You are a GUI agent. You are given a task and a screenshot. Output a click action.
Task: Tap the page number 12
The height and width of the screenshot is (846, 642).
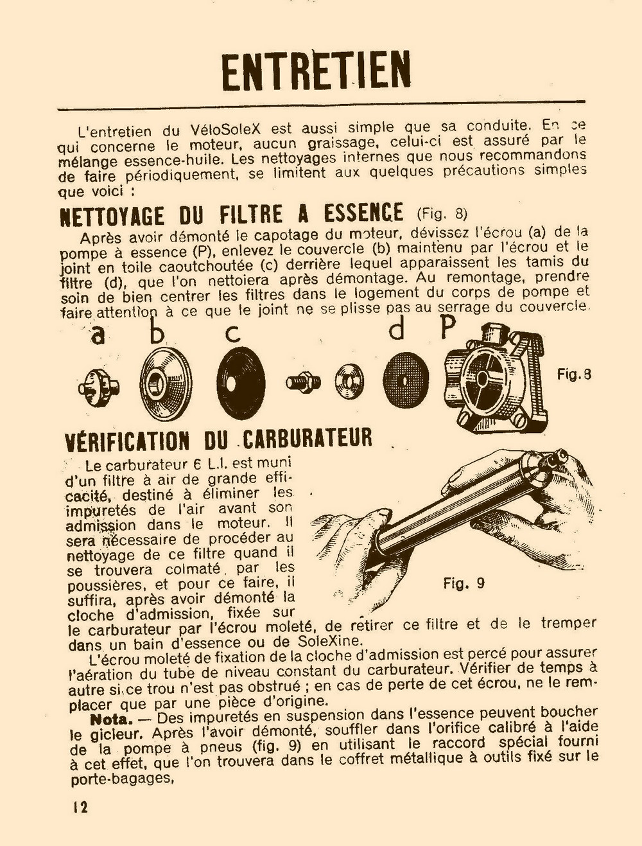coord(80,807)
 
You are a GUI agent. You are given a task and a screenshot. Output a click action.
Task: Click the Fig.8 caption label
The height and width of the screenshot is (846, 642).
coord(573,375)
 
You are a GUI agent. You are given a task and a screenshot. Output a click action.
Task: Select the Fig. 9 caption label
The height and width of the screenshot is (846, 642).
coord(464,583)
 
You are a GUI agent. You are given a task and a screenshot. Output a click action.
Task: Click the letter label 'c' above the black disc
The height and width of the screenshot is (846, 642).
coord(233,333)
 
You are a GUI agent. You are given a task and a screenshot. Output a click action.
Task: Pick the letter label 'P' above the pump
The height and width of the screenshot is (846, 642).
coord(447,328)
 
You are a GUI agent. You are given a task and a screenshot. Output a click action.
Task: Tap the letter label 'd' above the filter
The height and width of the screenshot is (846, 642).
coord(398,330)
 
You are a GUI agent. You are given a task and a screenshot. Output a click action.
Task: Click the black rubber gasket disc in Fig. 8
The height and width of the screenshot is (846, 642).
coord(241,383)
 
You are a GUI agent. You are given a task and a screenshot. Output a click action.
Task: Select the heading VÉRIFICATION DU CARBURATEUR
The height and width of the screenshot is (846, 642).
coord(219,440)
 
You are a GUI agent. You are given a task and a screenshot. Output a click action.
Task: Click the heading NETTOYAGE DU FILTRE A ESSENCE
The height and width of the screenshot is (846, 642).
coord(231,214)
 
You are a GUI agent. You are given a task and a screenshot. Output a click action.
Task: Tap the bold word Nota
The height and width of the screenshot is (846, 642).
coord(111,718)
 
